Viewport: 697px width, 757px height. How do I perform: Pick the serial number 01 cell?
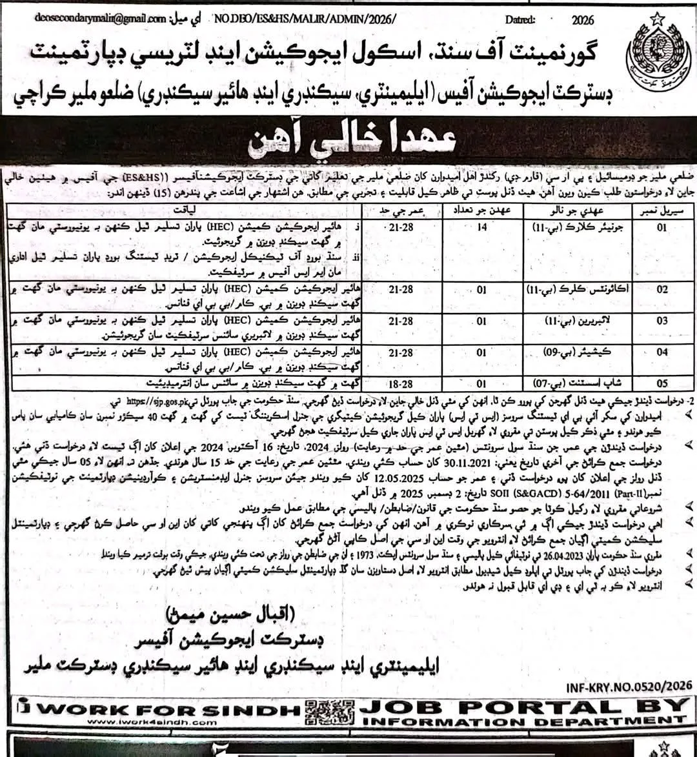(x=662, y=228)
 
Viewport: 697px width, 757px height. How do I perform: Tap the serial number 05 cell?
(x=662, y=383)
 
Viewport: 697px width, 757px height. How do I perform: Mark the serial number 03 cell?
(x=662, y=321)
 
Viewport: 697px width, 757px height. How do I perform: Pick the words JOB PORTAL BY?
(x=523, y=706)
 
